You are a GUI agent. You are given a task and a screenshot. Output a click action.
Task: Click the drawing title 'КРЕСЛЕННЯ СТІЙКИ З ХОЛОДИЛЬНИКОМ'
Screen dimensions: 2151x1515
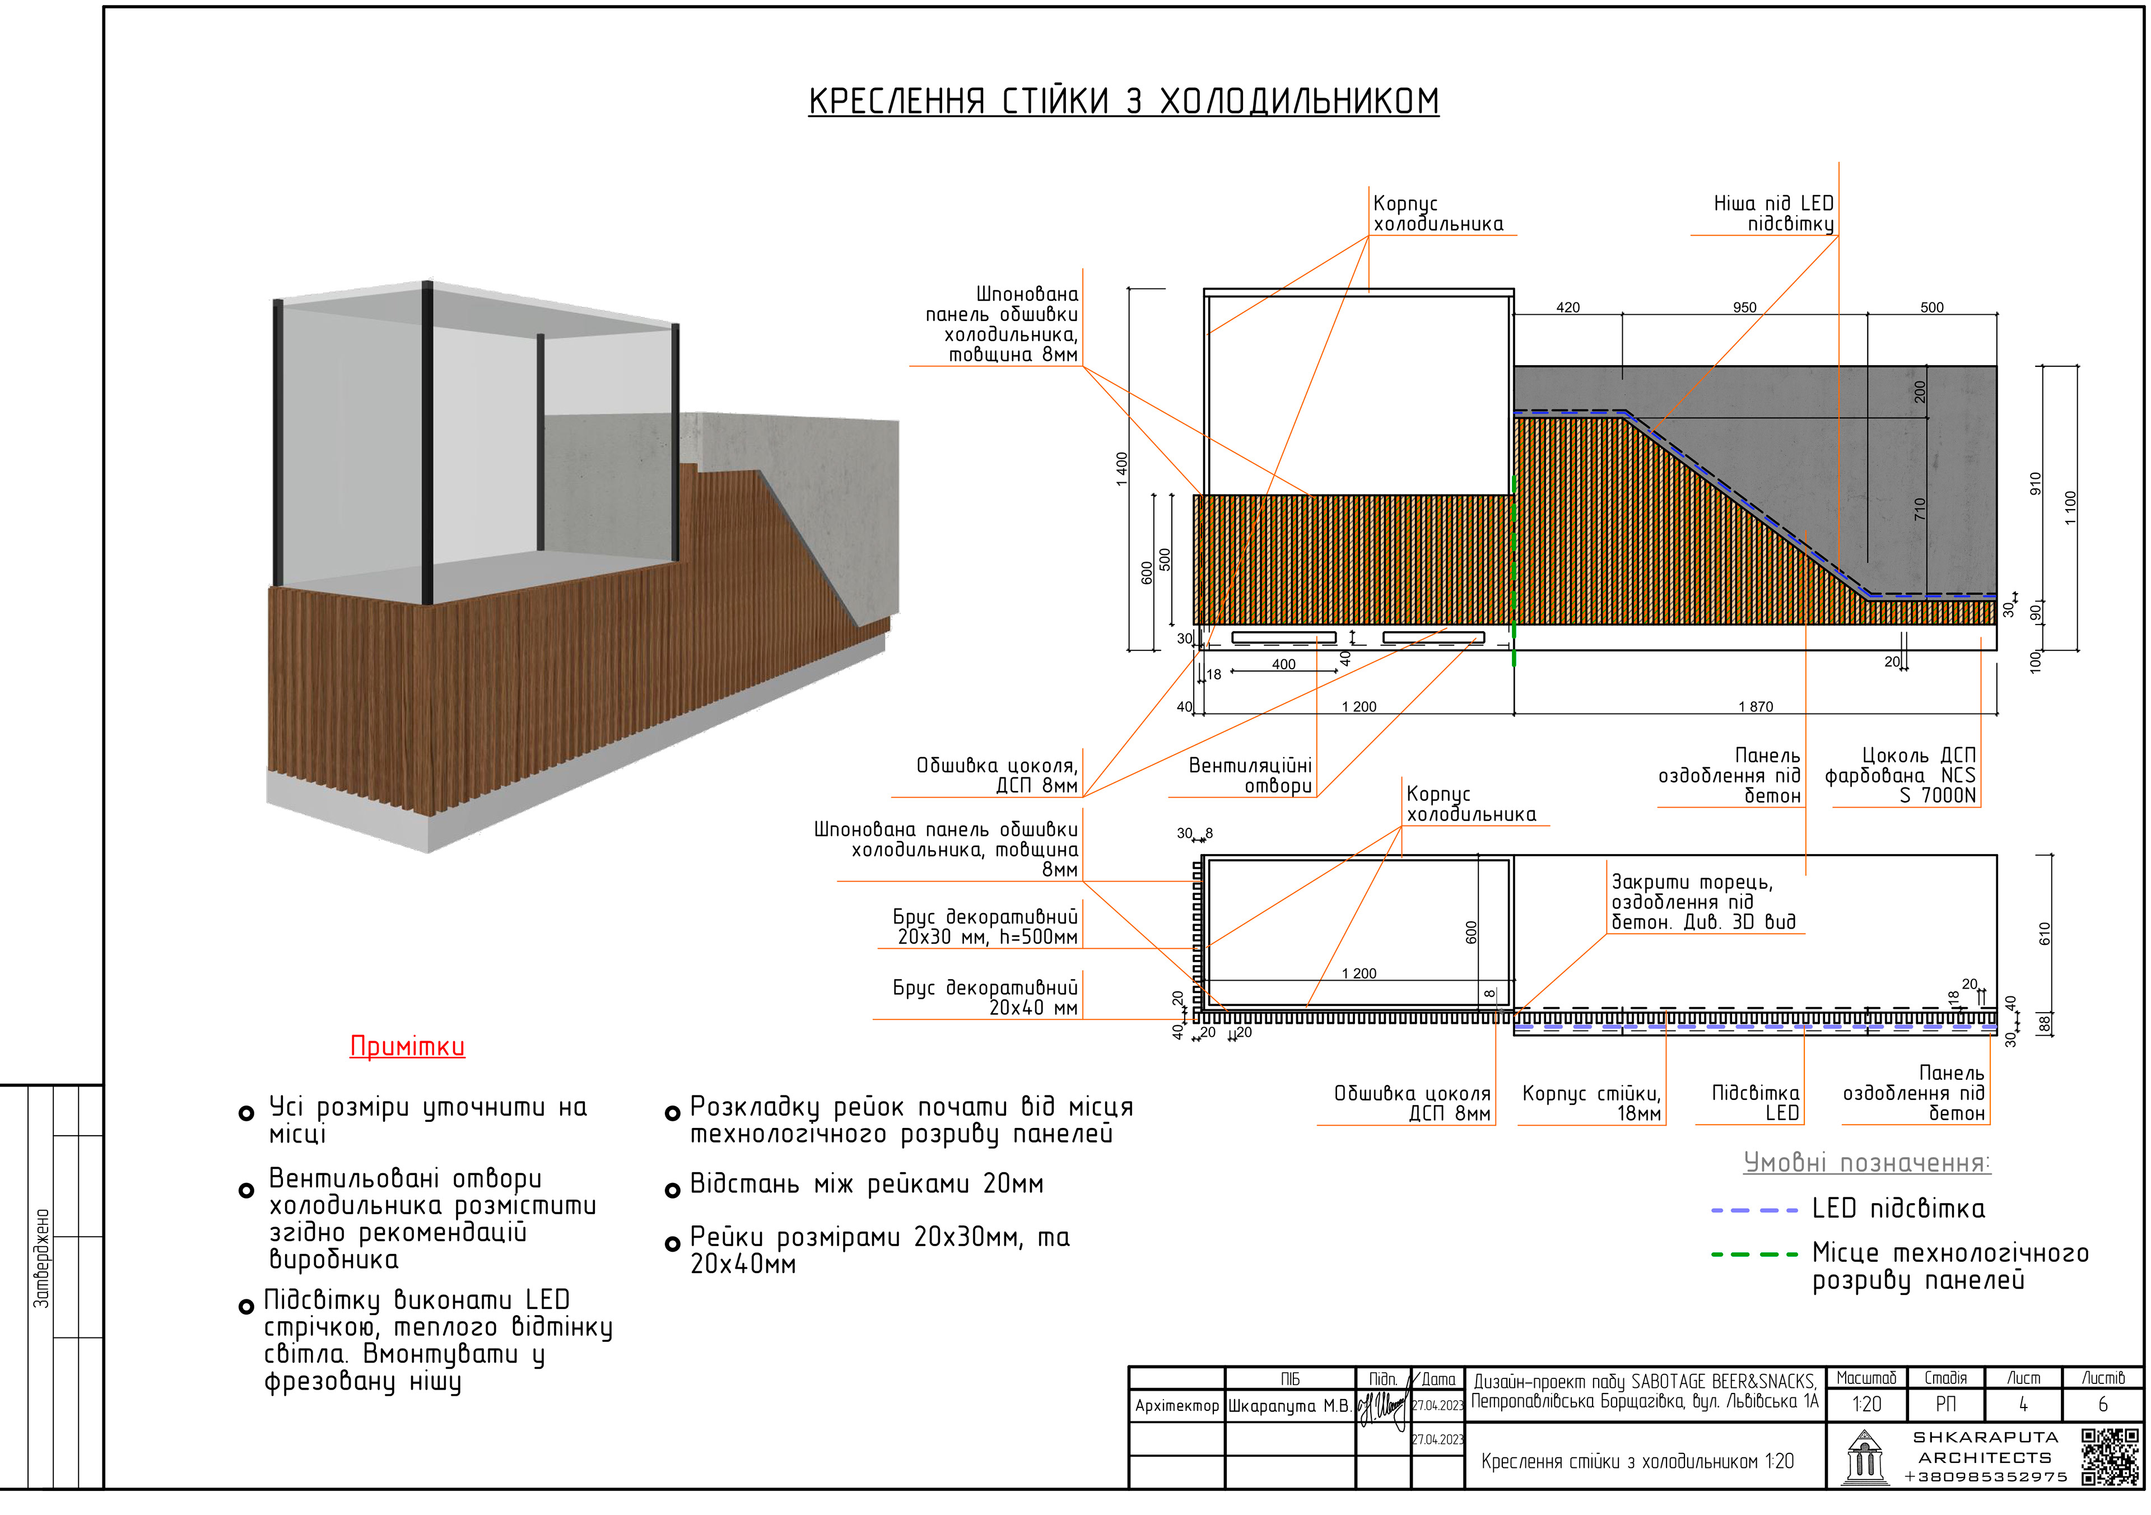coord(1123,101)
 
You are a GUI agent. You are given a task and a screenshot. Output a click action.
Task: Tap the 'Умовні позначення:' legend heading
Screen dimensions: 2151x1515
coord(1866,1163)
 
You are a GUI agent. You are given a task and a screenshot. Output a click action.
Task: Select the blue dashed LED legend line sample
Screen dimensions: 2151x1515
coord(1754,1210)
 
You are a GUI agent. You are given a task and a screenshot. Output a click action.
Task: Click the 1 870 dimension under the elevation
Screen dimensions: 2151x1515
coord(1756,706)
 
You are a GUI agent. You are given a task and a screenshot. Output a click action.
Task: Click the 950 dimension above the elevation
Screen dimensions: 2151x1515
coord(1744,307)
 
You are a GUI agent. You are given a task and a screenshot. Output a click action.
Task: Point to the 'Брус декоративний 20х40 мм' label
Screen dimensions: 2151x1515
coord(985,998)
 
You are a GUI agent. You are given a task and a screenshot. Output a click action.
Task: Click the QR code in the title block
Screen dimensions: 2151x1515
coord(2110,1457)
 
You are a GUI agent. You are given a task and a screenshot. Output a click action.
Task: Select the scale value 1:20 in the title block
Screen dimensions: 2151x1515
coord(1866,1405)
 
